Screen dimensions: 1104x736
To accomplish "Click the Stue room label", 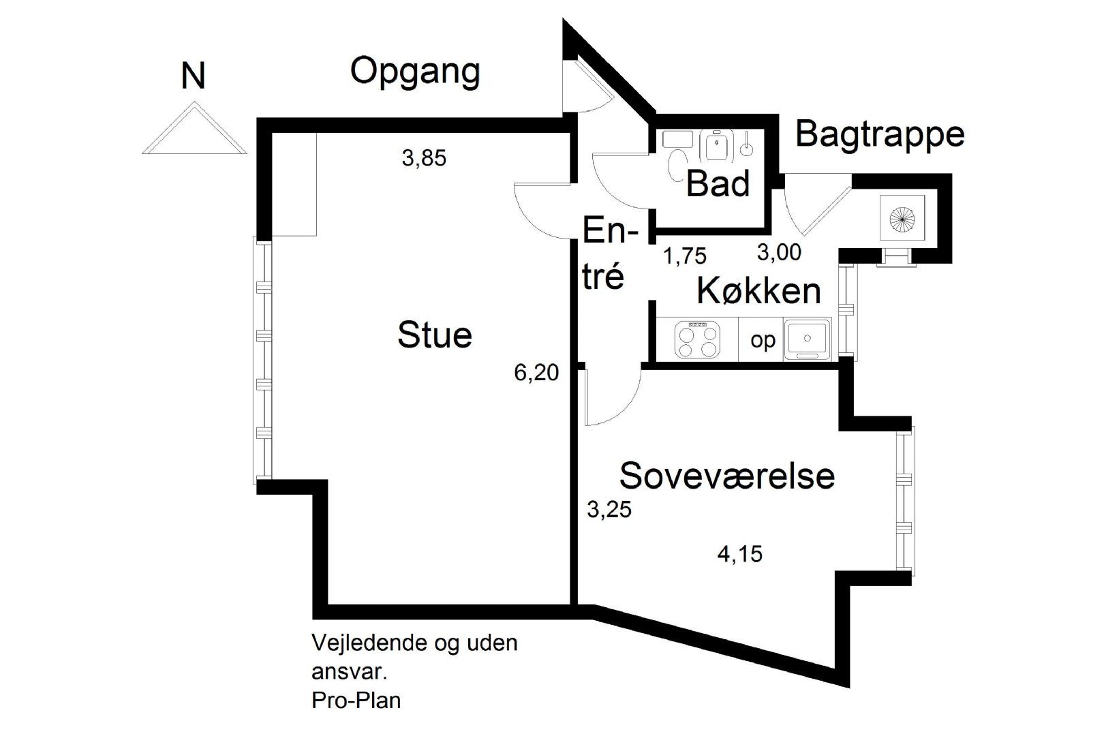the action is point(435,335).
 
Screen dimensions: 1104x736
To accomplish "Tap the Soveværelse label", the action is point(727,476).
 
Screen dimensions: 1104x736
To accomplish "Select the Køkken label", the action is point(759,291).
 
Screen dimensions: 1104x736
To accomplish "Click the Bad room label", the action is point(718,183).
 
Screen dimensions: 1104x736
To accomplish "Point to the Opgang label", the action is point(415,72).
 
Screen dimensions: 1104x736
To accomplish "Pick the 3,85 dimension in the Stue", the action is point(424,158).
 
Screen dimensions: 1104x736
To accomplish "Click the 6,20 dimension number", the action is point(536,373).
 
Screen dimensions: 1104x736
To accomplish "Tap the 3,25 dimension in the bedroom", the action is point(609,510).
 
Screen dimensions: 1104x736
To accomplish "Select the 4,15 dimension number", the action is point(740,554).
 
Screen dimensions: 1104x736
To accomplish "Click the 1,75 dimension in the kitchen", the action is point(685,256).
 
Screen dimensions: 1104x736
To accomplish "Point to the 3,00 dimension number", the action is point(779,252).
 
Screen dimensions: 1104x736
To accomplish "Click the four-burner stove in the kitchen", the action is point(697,339).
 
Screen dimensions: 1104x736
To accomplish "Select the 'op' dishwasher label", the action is point(763,341).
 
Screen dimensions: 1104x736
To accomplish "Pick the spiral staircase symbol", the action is point(902,218).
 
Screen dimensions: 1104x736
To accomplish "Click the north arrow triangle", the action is point(194,128).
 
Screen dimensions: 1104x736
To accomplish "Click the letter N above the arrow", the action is point(193,76).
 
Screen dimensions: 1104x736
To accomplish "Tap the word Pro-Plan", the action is point(356,701).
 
